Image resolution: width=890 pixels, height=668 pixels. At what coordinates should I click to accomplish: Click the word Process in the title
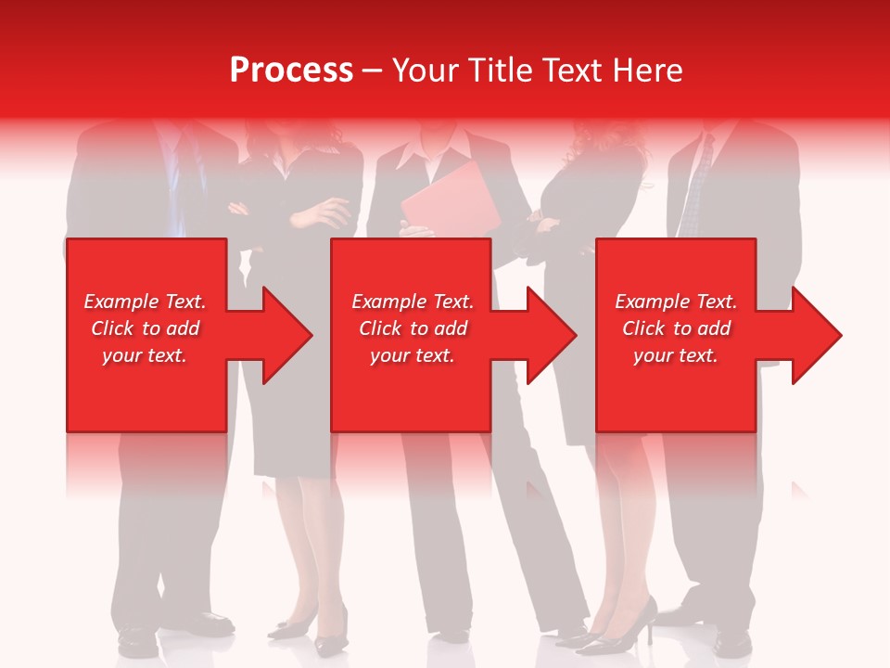291,71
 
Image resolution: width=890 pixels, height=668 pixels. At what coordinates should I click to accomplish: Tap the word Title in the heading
499,71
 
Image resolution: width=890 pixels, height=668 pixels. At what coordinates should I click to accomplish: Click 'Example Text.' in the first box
145,302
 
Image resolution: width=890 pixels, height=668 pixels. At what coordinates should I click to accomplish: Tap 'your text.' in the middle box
412,355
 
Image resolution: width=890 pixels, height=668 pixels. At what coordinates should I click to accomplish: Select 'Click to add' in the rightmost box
676,328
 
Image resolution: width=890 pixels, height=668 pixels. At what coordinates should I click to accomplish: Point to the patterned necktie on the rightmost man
697,186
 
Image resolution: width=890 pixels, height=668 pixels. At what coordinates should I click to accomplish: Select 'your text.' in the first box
145,355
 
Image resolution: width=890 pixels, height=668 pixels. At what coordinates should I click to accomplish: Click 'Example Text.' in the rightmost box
676,302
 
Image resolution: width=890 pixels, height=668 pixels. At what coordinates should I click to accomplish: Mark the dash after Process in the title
372,71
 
